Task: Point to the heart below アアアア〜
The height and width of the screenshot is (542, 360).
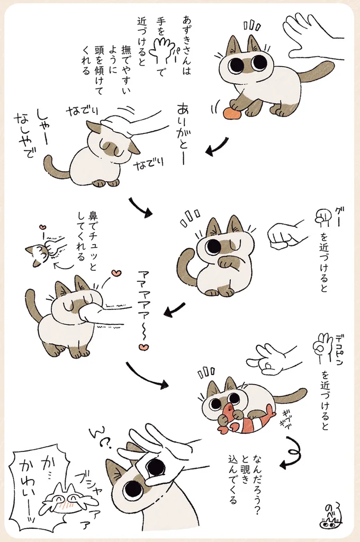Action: (143, 347)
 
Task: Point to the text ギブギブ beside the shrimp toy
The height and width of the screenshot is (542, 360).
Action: (284, 415)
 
